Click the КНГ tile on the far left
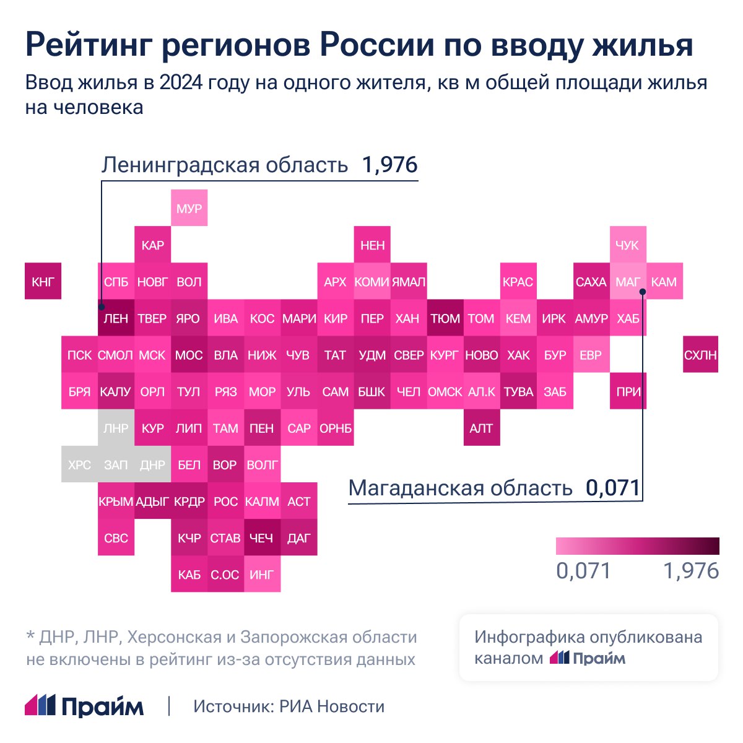pos(43,282)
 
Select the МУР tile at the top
pos(189,209)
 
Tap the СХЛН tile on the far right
pos(700,355)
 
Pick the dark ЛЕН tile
pos(116,318)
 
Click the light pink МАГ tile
pos(627,282)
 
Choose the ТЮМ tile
pos(445,318)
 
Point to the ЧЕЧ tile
pos(261,538)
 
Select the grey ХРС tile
pos(79,464)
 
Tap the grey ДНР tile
pos(152,464)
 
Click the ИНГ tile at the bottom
pos(261,575)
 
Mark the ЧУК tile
pos(627,245)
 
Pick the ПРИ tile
pos(628,391)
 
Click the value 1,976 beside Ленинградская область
pos(390,165)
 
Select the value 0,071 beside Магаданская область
pos(613,488)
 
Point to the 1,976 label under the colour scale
pos(691,571)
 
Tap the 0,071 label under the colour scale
pos(583,571)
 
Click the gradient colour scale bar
pos(637,545)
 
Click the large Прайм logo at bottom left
pos(84,706)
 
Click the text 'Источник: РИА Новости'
pos(289,706)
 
